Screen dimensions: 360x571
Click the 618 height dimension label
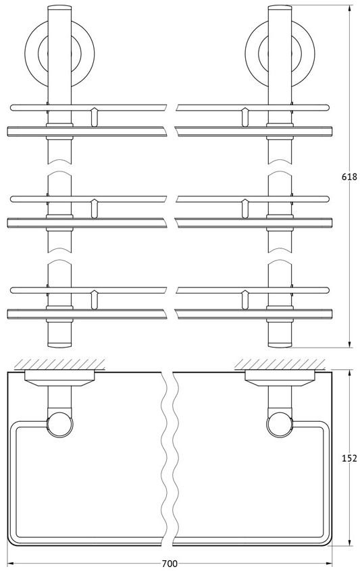pyautogui.click(x=349, y=177)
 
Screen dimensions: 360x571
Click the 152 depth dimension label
pyautogui.click(x=349, y=458)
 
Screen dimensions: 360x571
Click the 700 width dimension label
pyautogui.click(x=170, y=564)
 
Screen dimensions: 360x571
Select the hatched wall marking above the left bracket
pyautogui.click(x=59, y=364)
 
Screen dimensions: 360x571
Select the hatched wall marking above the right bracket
pyautogui.click(x=280, y=364)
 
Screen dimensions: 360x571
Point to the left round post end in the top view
pyautogui.click(x=59, y=425)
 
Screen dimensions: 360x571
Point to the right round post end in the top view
pyautogui.click(x=280, y=425)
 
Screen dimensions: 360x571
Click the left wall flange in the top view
pyautogui.click(x=59, y=378)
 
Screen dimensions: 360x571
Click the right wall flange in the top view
pyautogui.click(x=280, y=378)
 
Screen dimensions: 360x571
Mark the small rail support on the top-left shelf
pyautogui.click(x=95, y=117)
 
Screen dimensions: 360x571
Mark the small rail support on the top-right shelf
pyautogui.click(x=245, y=117)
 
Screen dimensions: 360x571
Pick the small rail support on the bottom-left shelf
pyautogui.click(x=95, y=300)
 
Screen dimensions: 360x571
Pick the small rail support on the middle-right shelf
pyautogui.click(x=245, y=209)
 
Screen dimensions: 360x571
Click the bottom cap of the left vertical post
pyautogui.click(x=59, y=344)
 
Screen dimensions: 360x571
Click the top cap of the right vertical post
pyautogui.click(x=280, y=7)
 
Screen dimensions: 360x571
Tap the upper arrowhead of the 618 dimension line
pyautogui.click(x=350, y=8)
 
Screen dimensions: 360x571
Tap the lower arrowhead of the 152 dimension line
pyautogui.click(x=350, y=552)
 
